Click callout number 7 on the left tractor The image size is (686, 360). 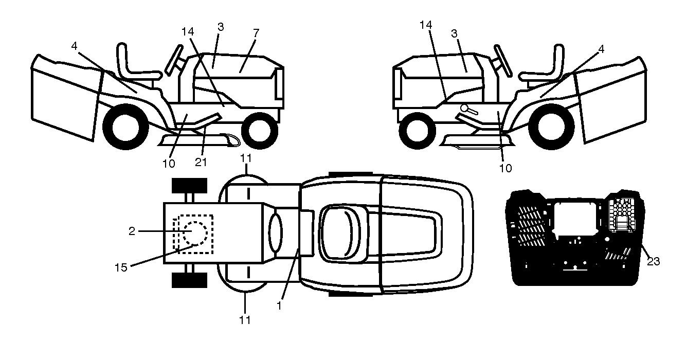256,33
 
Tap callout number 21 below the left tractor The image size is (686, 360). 201,162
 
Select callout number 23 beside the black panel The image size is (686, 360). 653,261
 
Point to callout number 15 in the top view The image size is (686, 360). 121,267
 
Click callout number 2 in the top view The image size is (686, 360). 132,231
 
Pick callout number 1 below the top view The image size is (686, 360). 279,306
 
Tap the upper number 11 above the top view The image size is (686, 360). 246,158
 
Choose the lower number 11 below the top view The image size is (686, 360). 245,320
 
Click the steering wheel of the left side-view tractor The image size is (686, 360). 174,60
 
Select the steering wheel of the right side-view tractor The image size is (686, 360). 503,61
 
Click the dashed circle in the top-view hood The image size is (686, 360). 195,233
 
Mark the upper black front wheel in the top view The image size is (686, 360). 189,185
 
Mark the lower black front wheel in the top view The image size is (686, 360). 189,280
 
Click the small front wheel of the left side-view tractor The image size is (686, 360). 260,131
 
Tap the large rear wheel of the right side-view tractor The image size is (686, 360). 551,127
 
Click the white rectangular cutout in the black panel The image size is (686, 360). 575,218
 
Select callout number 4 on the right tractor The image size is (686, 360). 601,49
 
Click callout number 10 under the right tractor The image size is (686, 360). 506,168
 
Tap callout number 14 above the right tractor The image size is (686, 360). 426,25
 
